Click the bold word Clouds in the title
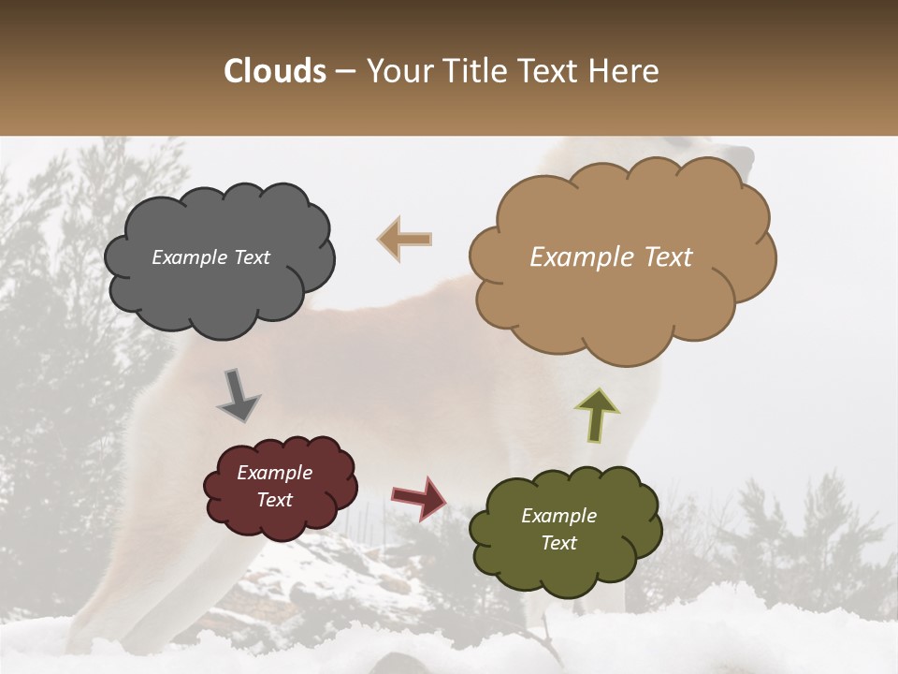[275, 71]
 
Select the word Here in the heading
[625, 71]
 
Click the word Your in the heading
[396, 71]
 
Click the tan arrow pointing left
[404, 239]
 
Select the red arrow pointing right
[418, 498]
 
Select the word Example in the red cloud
[274, 473]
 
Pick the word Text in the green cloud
[558, 543]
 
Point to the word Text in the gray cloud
[252, 257]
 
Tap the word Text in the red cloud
[274, 500]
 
